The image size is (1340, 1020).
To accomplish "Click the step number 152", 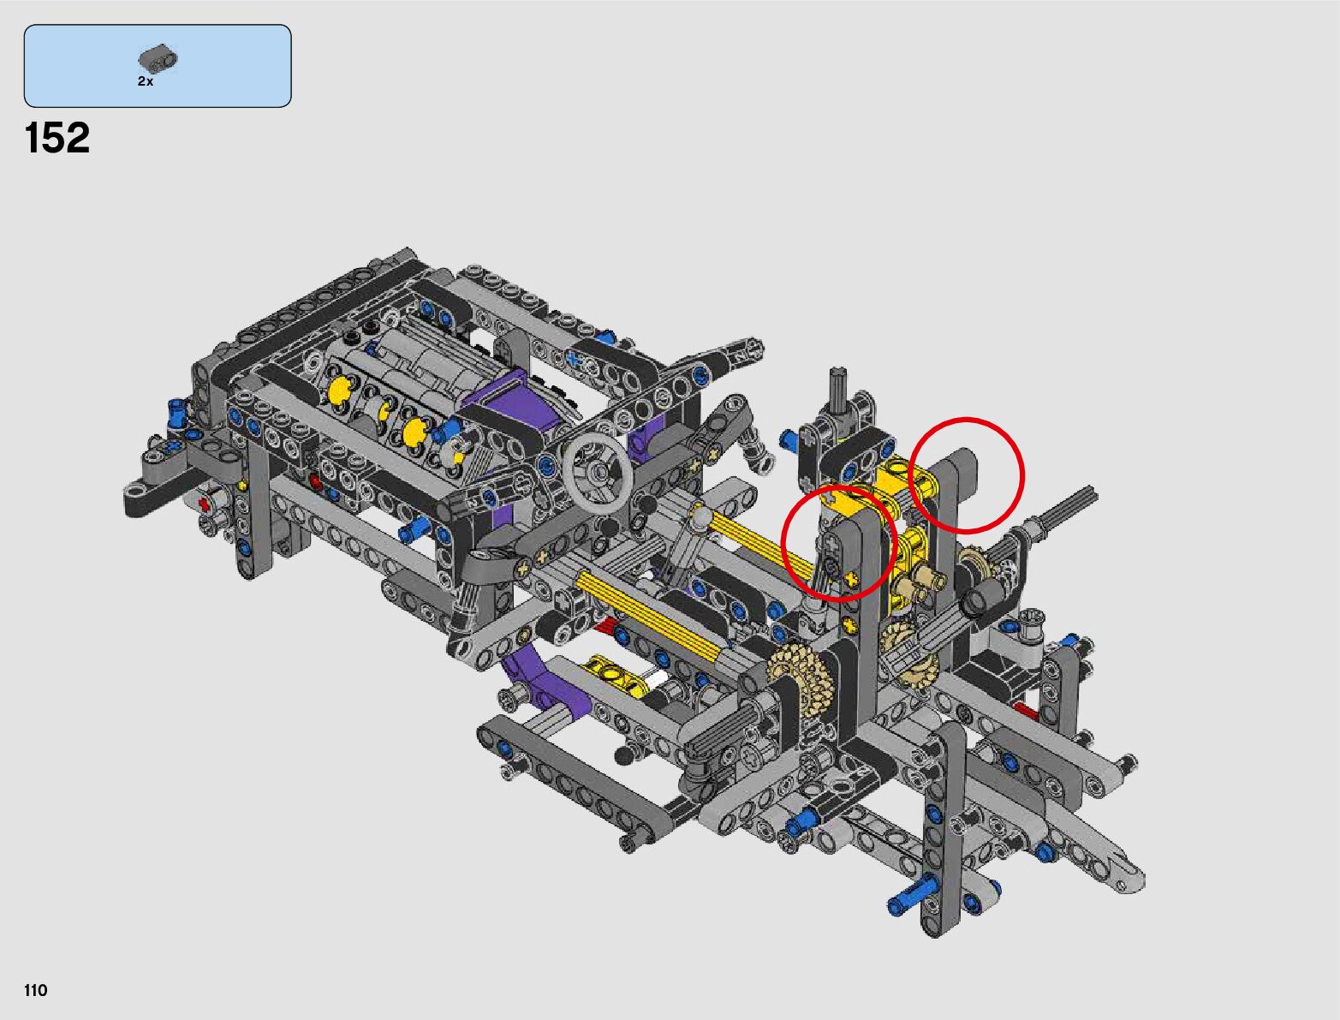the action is [x=57, y=138].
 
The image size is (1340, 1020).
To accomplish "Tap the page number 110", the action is [x=35, y=990].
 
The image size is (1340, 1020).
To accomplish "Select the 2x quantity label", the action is [x=146, y=81].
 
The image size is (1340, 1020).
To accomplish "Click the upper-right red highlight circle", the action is [x=966, y=475].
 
